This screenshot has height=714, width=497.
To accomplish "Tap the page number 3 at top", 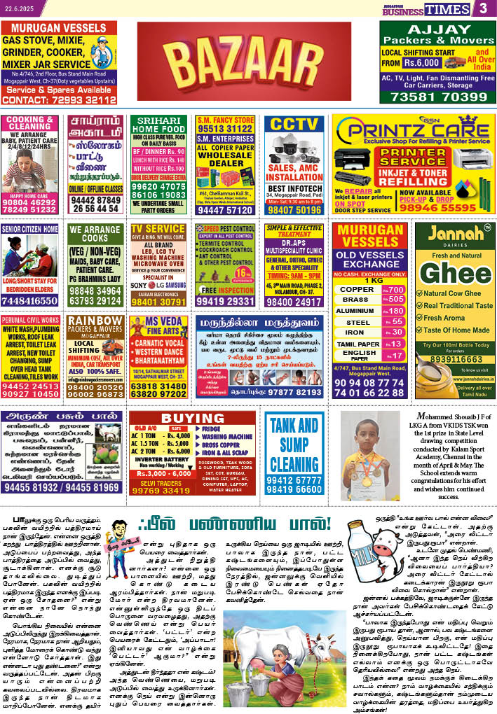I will [x=483, y=8].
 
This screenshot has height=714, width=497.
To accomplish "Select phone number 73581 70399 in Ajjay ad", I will [x=437, y=97].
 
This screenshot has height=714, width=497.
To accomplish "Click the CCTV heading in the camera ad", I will [x=294, y=125].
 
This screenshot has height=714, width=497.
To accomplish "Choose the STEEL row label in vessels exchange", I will [x=358, y=322].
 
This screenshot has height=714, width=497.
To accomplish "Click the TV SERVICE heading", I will [x=158, y=229].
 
